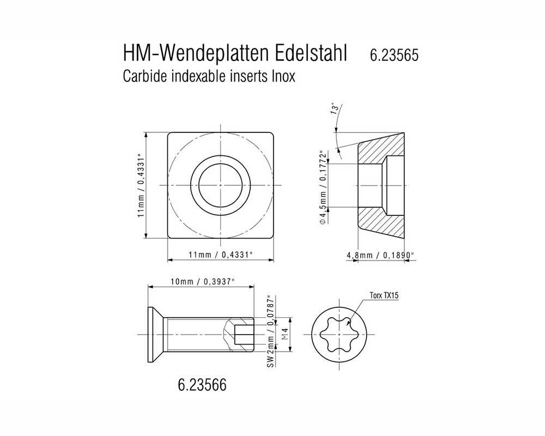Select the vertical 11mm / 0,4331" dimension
pyautogui.click(x=140, y=185)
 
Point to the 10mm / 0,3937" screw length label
pyautogui.click(x=202, y=281)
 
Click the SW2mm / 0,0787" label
pyautogui.click(x=270, y=334)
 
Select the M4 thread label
pyautogui.click(x=284, y=334)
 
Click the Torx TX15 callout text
pyautogui.click(x=385, y=296)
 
